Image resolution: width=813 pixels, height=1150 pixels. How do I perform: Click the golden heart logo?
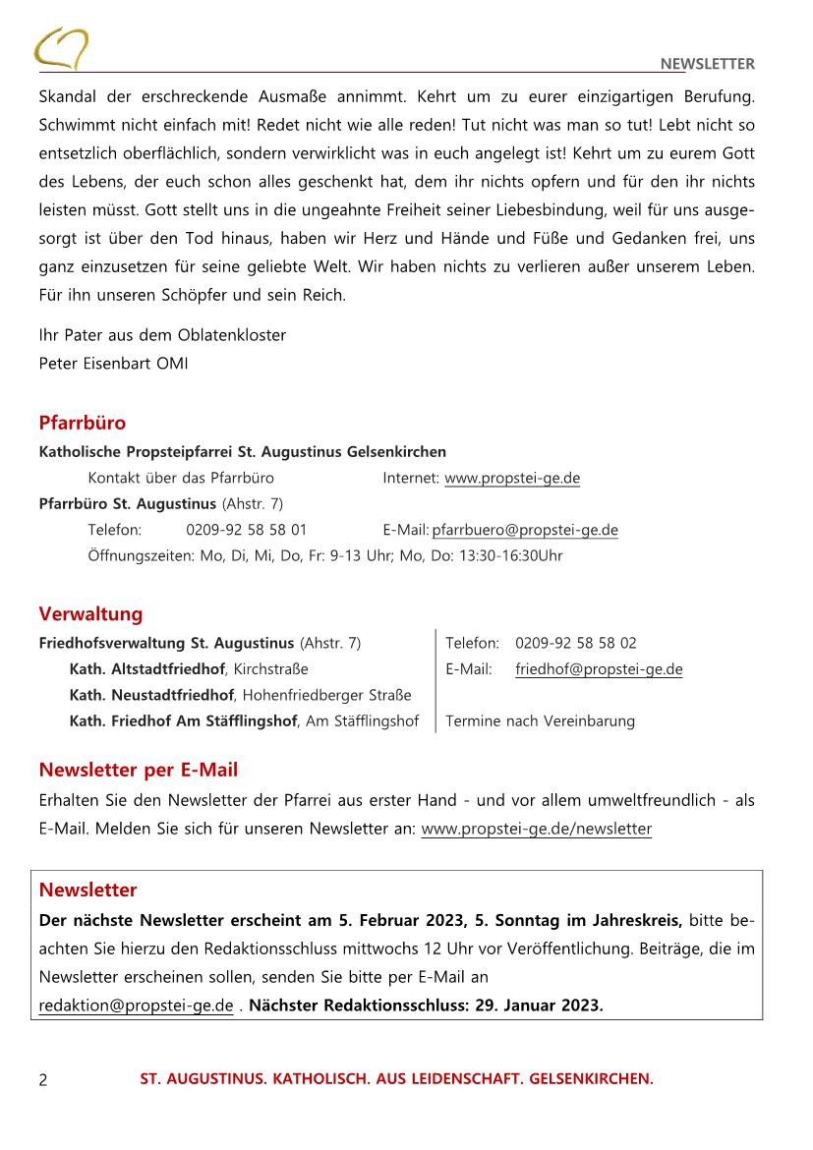pyautogui.click(x=61, y=47)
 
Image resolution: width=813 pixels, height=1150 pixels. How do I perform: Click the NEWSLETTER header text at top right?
pyautogui.click(x=707, y=65)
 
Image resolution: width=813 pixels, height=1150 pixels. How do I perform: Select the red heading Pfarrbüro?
pyautogui.click(x=83, y=424)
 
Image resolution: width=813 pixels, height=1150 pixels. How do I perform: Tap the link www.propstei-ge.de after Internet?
pyautogui.click(x=512, y=479)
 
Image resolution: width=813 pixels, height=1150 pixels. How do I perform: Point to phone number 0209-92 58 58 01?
pyautogui.click(x=246, y=530)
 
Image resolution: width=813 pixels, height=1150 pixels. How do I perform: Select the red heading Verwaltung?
pyautogui.click(x=90, y=614)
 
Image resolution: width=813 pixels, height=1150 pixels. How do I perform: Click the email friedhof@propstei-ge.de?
pyautogui.click(x=599, y=669)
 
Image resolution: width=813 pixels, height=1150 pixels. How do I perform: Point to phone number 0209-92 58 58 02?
pyautogui.click(x=575, y=643)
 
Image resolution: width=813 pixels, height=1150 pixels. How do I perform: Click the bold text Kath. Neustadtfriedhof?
pyautogui.click(x=151, y=696)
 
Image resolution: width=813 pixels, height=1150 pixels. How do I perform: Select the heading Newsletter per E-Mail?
pyautogui.click(x=138, y=770)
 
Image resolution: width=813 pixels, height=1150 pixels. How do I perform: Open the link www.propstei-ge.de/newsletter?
pyautogui.click(x=536, y=829)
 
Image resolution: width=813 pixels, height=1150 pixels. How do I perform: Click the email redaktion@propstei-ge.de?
pyautogui.click(x=136, y=1006)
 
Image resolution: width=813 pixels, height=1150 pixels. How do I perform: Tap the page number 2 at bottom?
pyautogui.click(x=43, y=1080)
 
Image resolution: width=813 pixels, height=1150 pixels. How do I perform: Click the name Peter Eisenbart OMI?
pyautogui.click(x=113, y=363)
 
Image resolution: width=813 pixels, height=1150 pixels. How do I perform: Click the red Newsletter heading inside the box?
pyautogui.click(x=87, y=891)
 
